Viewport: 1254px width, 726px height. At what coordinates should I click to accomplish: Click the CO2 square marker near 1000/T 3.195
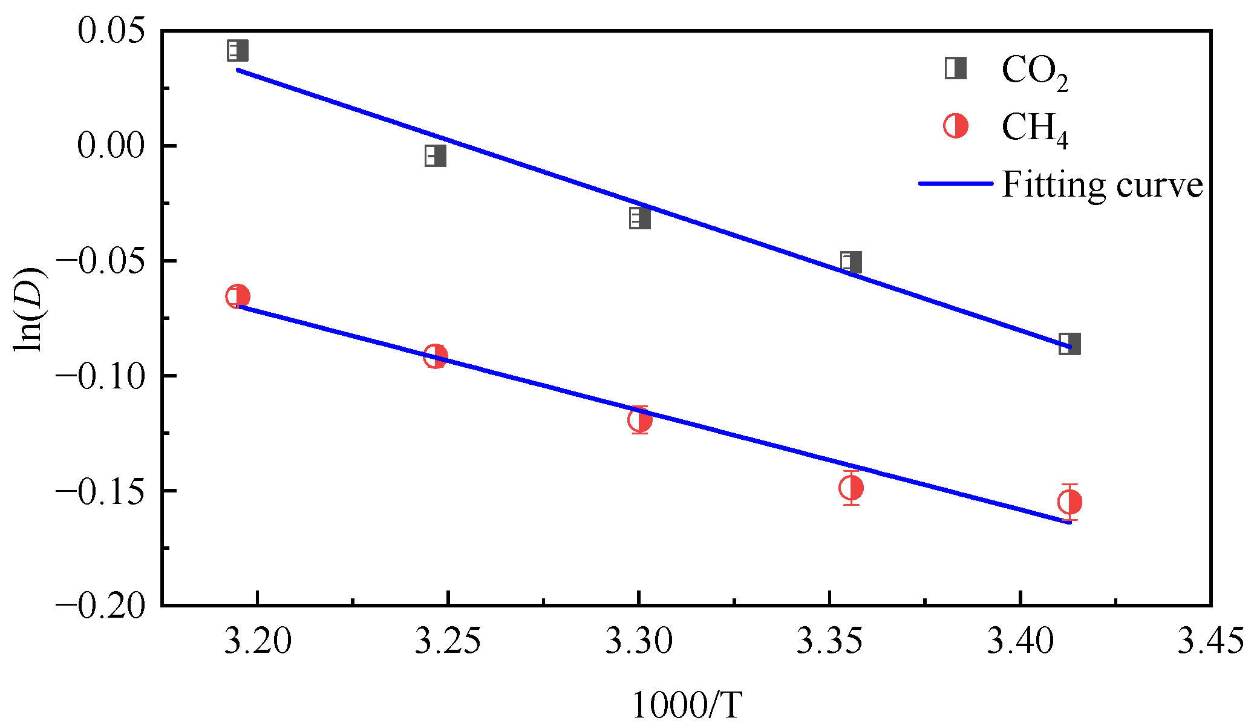pyautogui.click(x=237, y=50)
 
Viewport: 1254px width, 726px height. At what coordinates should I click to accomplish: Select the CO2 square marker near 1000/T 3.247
pyautogui.click(x=435, y=155)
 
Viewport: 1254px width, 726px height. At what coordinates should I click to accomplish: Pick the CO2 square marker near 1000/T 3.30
pyautogui.click(x=639, y=218)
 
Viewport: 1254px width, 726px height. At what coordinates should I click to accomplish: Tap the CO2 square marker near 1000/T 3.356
pyautogui.click(x=851, y=263)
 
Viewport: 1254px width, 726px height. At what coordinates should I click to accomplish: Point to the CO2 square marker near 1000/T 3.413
pyautogui.click(x=1069, y=344)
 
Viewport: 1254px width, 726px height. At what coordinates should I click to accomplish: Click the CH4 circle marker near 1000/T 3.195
pyautogui.click(x=237, y=296)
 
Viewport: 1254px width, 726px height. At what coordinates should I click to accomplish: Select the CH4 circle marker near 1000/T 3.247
pyautogui.click(x=435, y=356)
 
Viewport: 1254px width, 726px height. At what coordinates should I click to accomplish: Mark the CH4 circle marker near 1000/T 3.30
pyautogui.click(x=639, y=420)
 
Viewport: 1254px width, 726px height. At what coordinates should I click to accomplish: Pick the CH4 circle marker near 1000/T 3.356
pyautogui.click(x=851, y=488)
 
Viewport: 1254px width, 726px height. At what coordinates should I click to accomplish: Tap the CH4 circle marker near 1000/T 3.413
pyautogui.click(x=1069, y=502)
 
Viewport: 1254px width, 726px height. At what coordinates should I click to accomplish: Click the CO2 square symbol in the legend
pyautogui.click(x=956, y=68)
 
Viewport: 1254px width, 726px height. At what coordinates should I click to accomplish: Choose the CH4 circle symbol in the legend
pyautogui.click(x=956, y=126)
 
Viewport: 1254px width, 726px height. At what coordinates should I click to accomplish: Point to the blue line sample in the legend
pyautogui.click(x=956, y=183)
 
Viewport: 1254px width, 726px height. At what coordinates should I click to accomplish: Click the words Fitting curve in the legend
pyautogui.click(x=1102, y=185)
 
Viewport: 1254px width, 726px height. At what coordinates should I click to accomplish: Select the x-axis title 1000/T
pyautogui.click(x=687, y=705)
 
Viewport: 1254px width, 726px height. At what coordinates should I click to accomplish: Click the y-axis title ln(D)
pyautogui.click(x=28, y=309)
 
